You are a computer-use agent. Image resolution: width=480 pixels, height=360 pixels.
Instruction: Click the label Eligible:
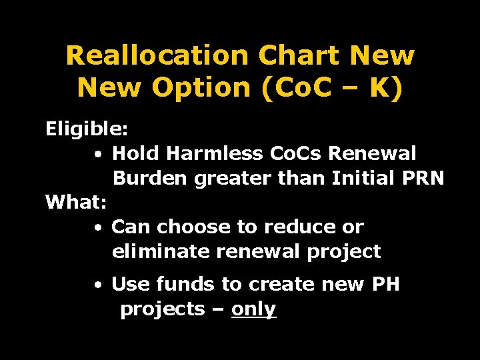[87, 129]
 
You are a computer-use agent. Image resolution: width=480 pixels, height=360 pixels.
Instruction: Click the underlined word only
[253, 309]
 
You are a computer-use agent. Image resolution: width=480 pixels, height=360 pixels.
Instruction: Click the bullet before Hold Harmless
[98, 155]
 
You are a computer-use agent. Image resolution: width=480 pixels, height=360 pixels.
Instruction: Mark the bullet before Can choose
[98, 228]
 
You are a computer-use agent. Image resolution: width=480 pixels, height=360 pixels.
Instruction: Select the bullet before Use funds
[98, 285]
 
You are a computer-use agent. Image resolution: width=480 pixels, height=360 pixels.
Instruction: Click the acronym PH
[385, 285]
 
